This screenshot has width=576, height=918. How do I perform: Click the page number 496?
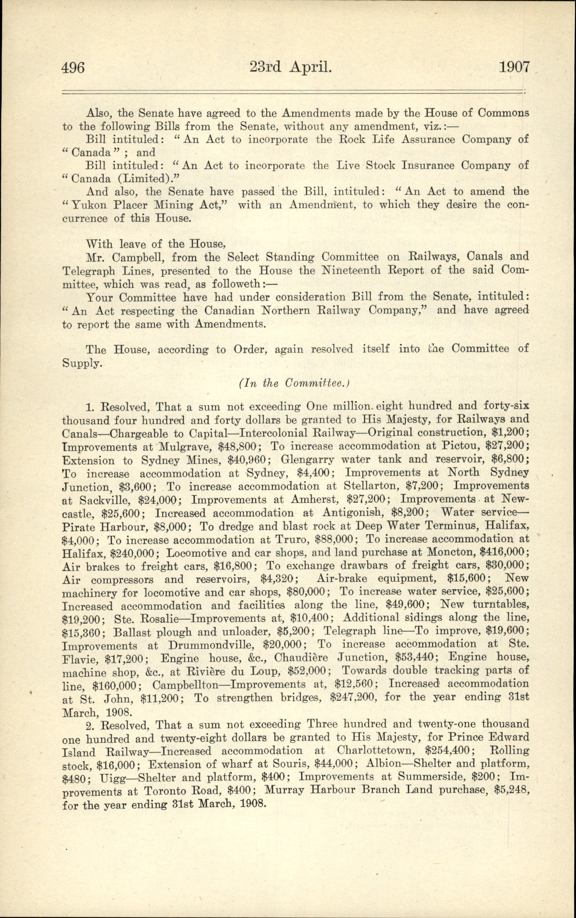point(73,68)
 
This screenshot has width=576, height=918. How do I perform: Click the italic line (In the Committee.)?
point(295,384)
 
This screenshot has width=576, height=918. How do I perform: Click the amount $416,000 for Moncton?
point(504,553)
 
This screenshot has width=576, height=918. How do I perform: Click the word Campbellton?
point(186,684)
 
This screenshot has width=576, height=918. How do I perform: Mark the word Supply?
point(82,363)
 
